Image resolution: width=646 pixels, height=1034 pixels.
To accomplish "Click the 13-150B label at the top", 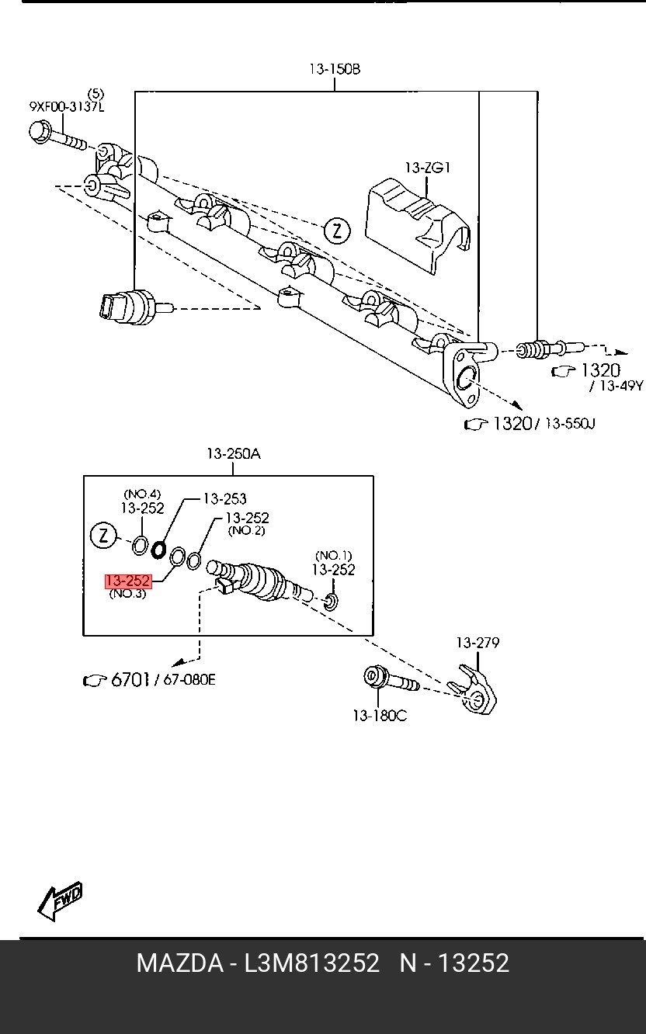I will tap(335, 69).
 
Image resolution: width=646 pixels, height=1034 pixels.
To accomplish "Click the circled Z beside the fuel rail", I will tap(337, 230).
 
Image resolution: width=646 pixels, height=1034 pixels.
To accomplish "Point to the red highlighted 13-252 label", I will tap(128, 581).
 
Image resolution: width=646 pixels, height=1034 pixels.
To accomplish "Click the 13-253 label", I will tap(224, 499).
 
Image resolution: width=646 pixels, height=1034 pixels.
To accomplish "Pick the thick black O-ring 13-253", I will tap(158, 550).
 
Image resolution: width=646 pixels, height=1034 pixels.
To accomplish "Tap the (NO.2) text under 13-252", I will tap(246, 531).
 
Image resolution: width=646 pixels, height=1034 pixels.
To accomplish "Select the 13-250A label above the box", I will tap(233, 455).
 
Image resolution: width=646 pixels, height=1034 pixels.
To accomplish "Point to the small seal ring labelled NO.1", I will tap(331, 601).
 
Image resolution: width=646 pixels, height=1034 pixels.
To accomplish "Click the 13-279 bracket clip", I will tap(476, 689).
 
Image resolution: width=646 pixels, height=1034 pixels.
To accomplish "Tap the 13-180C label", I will tap(379, 716).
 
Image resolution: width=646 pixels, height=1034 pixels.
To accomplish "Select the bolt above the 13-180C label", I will tap(388, 680).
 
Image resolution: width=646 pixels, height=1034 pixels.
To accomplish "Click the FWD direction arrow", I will tap(60, 901).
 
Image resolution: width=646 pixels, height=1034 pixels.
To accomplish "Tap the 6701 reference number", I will tap(130, 680).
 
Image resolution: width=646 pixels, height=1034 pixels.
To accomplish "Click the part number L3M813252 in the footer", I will tap(312, 963).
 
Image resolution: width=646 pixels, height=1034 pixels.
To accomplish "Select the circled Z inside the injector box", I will tap(103, 536).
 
